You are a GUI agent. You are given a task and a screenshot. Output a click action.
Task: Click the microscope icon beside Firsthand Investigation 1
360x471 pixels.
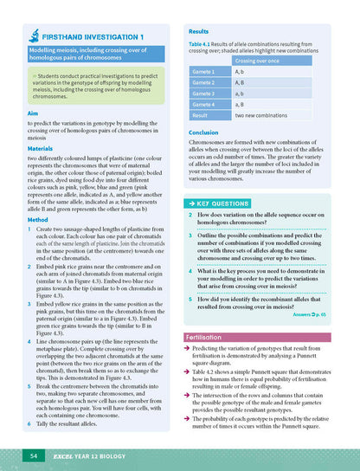(x=33, y=36)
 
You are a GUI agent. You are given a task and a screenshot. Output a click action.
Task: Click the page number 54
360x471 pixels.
(x=32, y=455)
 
